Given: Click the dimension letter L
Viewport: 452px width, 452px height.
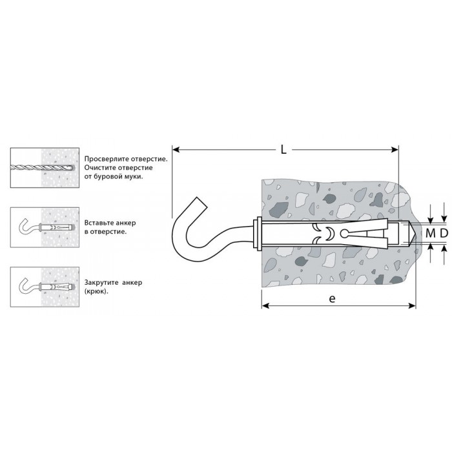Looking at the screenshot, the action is (283, 149).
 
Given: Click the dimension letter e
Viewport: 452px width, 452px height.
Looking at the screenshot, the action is (332, 298).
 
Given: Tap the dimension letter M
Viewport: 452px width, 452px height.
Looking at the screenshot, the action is (431, 233).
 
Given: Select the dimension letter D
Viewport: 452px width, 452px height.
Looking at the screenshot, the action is (444, 233).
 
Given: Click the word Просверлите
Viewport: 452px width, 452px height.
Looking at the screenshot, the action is (107, 159).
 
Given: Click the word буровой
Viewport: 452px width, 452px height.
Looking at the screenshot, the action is (105, 177).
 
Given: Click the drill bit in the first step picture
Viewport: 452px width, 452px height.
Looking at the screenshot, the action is (42, 167).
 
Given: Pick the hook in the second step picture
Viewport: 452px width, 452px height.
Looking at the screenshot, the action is (28, 226).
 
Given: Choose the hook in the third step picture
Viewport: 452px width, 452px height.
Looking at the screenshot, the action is (28, 287).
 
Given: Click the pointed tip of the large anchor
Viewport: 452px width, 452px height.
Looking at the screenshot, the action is (415, 233).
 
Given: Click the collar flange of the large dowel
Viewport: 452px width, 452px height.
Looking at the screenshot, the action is (257, 233).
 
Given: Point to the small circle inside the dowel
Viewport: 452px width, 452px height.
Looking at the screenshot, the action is (344, 233).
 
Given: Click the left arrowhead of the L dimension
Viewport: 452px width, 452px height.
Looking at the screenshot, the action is (176, 150).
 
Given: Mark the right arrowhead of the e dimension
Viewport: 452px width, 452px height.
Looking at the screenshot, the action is (412, 305).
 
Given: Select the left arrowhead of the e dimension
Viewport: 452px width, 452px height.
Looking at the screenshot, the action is (265, 305).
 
